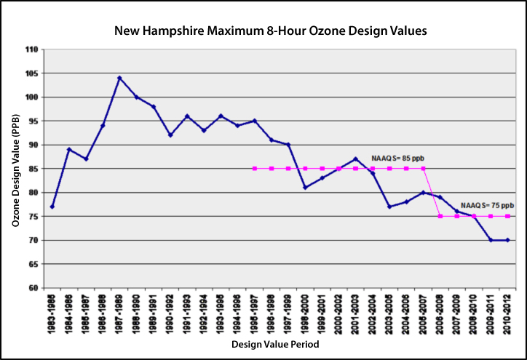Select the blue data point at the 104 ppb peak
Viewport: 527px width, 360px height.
coord(119,78)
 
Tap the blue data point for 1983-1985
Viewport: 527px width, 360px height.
coord(52,207)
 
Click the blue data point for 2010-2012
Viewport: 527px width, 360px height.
coord(507,240)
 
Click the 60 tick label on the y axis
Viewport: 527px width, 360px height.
coord(33,288)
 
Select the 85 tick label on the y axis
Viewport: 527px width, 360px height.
coord(33,169)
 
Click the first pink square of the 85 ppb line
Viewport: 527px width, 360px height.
coord(254,169)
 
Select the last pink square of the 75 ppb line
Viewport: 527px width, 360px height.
coord(507,216)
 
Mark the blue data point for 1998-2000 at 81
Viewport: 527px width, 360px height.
coord(305,188)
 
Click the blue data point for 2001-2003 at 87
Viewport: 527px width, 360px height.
coord(355,159)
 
